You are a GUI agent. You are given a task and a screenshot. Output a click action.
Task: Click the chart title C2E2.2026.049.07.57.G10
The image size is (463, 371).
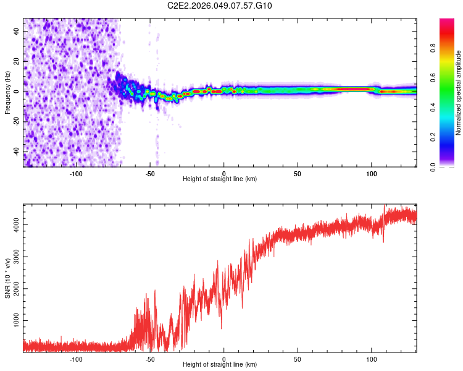220,6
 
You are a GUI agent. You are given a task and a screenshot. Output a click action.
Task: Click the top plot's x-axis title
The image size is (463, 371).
220,179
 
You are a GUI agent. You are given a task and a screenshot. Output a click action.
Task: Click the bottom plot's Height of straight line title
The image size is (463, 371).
220,364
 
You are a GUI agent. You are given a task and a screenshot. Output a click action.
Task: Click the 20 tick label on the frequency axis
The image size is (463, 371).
17,61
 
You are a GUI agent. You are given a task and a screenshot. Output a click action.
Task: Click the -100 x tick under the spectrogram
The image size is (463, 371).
76,174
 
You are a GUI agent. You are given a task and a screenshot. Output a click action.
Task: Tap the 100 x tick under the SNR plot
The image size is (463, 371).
372,359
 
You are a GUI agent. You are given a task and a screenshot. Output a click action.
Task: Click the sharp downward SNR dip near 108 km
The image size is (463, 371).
383,240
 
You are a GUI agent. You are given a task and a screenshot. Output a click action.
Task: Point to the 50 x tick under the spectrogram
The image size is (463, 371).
298,174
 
